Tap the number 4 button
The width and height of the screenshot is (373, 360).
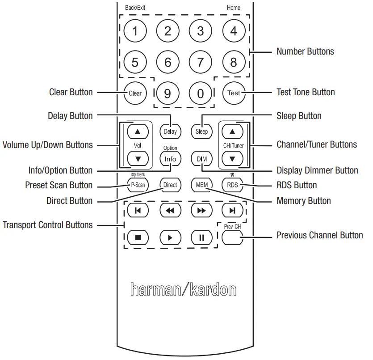(233, 31)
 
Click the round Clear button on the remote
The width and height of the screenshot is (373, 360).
(135, 93)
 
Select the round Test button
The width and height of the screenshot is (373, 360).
(233, 93)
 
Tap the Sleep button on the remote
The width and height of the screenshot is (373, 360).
(201, 131)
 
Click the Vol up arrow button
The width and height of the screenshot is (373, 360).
(137, 131)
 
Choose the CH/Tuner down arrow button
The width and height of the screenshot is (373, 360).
(233, 159)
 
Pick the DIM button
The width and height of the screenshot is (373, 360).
(201, 159)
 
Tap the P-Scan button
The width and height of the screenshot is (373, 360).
(137, 185)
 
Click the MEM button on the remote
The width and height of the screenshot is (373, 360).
(201, 185)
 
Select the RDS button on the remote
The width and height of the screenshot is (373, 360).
(233, 185)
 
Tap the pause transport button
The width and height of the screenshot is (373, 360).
(201, 237)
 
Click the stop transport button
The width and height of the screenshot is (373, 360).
(138, 237)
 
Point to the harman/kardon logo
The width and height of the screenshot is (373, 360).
(183, 289)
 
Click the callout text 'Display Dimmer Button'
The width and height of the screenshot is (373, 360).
(317, 170)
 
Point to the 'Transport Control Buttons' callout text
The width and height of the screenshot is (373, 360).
(48, 224)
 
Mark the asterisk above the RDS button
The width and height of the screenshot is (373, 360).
(232, 174)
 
